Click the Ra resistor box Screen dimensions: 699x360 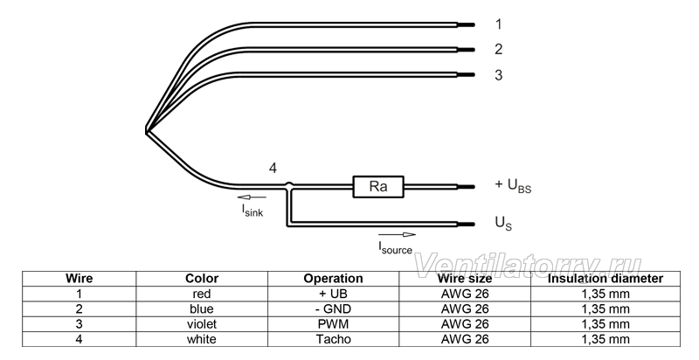[378, 187]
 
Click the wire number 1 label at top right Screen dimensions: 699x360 [498, 24]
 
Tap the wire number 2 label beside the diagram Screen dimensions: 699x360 [498, 49]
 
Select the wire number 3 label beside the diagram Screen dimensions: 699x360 [498, 75]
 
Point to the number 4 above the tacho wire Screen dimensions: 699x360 [273, 169]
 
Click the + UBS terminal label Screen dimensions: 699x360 [513, 185]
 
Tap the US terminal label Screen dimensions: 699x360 [504, 223]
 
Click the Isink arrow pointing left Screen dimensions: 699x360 [252, 197]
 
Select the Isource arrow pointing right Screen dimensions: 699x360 [398, 235]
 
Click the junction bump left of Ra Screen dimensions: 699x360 [289, 184]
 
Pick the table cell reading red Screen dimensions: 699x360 [202, 294]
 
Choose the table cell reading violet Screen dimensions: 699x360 [202, 324]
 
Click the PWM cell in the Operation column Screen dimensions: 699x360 [333, 324]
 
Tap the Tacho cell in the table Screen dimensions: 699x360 [333, 339]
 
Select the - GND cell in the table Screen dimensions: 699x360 [333, 308]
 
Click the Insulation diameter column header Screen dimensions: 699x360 [606, 279]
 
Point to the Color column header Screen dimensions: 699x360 [202, 279]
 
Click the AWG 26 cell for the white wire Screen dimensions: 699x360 [465, 339]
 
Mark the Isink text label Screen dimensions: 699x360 [253, 211]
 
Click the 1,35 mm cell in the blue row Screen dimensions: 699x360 [606, 308]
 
